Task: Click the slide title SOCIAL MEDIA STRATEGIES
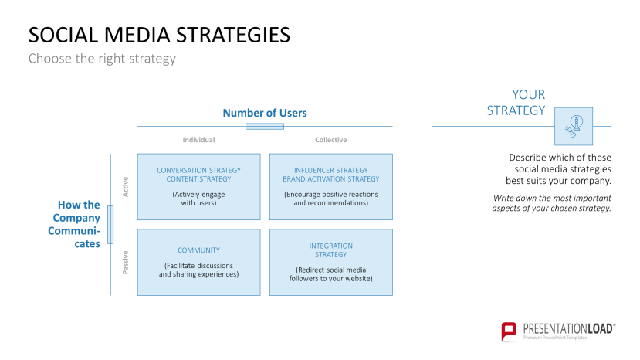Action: (x=159, y=36)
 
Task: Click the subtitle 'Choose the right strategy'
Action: (x=102, y=59)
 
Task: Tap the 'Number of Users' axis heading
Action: (x=265, y=113)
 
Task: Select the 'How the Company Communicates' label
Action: (x=78, y=224)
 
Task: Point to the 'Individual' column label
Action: (x=198, y=140)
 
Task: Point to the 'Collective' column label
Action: (x=330, y=140)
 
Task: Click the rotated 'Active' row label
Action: (x=125, y=186)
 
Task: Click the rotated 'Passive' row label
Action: (x=125, y=262)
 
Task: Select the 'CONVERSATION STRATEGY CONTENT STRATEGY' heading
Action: (x=198, y=175)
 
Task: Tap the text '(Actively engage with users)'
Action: (x=198, y=199)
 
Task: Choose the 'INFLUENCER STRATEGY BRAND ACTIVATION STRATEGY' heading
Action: (x=330, y=175)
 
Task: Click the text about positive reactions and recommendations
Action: (x=330, y=199)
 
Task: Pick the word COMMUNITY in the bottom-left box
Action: (x=198, y=250)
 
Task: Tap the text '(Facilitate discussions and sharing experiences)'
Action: (x=198, y=270)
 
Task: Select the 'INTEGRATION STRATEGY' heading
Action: (x=330, y=250)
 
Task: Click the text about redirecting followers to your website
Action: (x=330, y=274)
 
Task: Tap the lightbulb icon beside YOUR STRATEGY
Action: (x=574, y=126)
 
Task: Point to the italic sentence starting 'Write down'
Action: (x=551, y=203)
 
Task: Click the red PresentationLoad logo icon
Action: (x=509, y=331)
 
